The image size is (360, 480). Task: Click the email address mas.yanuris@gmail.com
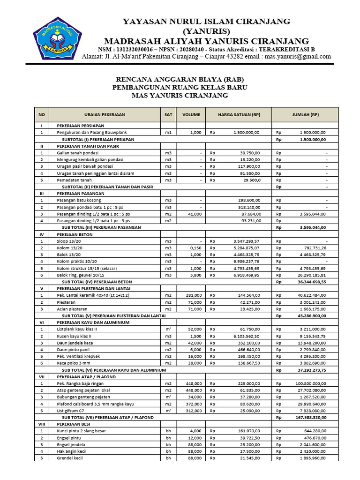tap(298, 57)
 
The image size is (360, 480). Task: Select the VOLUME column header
tap(191, 114)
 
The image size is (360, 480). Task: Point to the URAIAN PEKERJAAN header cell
tap(105, 114)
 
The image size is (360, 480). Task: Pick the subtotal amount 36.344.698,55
tap(309, 282)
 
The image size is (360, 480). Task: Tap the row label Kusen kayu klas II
tap(74, 336)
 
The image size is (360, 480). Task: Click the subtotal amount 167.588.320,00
tap(307, 417)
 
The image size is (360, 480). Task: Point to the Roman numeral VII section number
tap(42, 377)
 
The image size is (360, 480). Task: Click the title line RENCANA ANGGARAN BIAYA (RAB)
tap(180, 79)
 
